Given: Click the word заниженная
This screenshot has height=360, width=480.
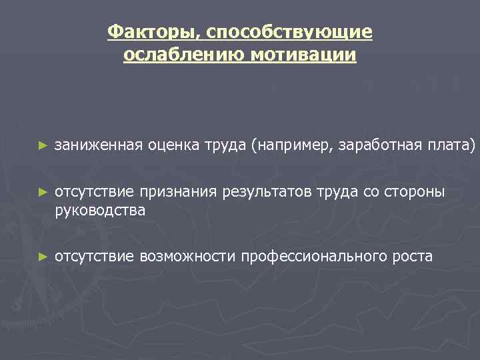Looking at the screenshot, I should click(99, 145).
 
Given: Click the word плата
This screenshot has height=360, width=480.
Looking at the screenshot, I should click(450, 145).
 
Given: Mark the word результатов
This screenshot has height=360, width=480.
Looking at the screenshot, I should click(265, 193).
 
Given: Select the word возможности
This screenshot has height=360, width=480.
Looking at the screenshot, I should click(187, 257).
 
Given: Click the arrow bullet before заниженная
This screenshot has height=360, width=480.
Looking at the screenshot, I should click(43, 145).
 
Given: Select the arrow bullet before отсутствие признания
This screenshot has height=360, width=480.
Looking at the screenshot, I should click(43, 193).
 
